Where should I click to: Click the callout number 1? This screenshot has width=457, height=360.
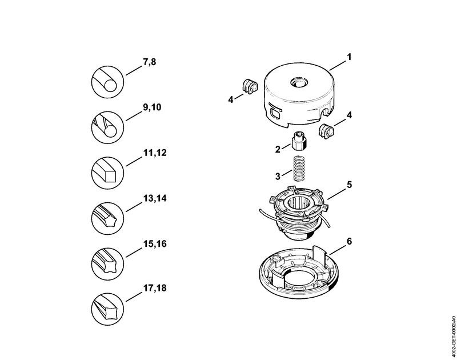click(348, 57)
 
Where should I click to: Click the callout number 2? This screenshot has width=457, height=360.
click(278, 149)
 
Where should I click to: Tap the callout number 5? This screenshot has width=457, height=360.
click(348, 185)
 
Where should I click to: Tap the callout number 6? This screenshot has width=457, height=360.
click(348, 241)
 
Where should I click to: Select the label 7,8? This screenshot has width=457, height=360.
click(149, 61)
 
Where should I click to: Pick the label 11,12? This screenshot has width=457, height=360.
click(152, 153)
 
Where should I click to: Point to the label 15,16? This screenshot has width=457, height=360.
click(152, 244)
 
